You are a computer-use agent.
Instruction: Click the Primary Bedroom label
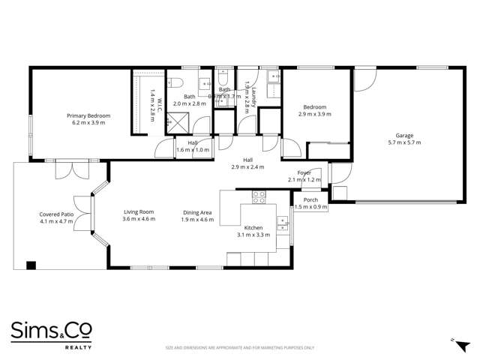coord(88,115)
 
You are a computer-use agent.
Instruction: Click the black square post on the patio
coord(31,265)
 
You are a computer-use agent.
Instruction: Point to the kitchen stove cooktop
coord(259,198)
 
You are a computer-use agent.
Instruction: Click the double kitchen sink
coord(281,220)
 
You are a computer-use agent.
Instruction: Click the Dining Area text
coord(197,212)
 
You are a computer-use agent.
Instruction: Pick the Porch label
coord(310,200)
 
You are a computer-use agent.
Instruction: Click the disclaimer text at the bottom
coord(239,348)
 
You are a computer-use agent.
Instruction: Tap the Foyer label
coord(304,172)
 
